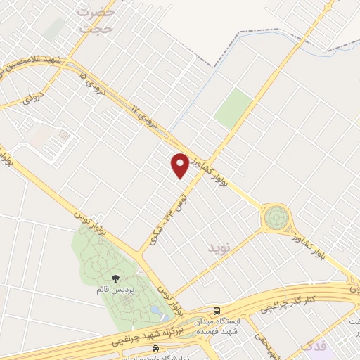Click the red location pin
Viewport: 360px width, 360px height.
(180, 165)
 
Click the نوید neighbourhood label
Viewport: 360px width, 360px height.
(219, 248)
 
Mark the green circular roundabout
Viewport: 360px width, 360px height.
(275, 218)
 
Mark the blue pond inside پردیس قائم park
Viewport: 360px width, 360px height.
(155, 308)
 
